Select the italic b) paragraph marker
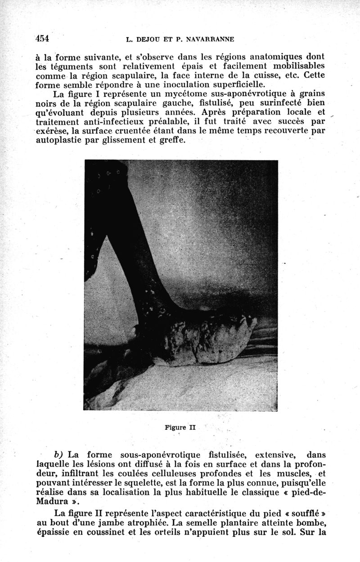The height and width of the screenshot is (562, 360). [x=59, y=455]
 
